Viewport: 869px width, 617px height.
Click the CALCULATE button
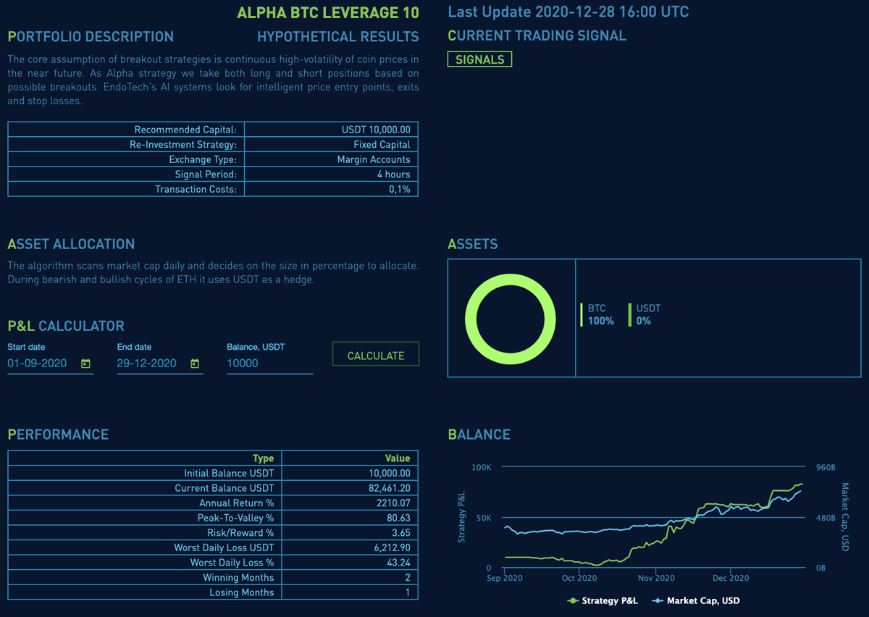375,355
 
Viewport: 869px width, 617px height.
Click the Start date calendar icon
85,364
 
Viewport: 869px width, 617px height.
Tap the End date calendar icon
195,364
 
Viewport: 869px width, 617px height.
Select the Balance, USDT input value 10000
243,364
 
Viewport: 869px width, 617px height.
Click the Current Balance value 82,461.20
389,488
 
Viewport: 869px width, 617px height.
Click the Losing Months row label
242,592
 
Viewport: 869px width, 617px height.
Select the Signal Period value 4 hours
393,174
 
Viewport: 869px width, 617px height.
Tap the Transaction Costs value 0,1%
399,189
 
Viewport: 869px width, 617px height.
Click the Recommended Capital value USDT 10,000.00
376,130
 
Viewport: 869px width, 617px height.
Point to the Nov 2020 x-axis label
655,578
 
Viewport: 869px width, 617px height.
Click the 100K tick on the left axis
481,467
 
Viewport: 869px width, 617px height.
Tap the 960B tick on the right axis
825,467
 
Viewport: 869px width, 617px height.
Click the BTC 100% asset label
600,314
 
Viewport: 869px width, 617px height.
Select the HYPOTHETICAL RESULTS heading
337,36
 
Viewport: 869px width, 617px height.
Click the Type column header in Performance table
263,458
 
